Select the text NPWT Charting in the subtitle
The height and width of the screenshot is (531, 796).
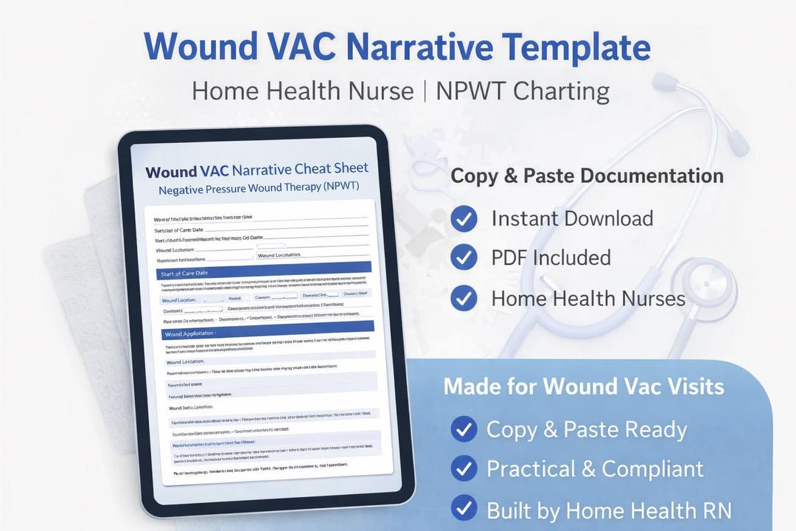point(523,91)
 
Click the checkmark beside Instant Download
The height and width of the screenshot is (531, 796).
point(463,218)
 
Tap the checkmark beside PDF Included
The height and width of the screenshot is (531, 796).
point(463,257)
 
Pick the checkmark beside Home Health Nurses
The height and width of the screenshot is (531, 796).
point(463,298)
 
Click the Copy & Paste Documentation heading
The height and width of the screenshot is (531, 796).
point(587,176)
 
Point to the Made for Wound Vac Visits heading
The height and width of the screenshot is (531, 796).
point(584,386)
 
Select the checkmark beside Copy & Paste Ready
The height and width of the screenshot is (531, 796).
point(463,429)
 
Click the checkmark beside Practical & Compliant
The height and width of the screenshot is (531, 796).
point(463,469)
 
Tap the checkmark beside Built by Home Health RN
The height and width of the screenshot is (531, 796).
point(463,509)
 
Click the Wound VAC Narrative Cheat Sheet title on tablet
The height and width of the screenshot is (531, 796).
point(257,170)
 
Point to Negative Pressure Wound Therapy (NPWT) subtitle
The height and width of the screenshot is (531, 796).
point(259,188)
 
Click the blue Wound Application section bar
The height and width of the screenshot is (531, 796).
point(266,332)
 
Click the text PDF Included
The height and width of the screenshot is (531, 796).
point(551,257)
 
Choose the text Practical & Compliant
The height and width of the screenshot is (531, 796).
point(595,469)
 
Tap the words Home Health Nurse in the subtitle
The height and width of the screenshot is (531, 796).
point(302,91)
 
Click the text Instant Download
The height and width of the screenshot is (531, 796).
point(572,218)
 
